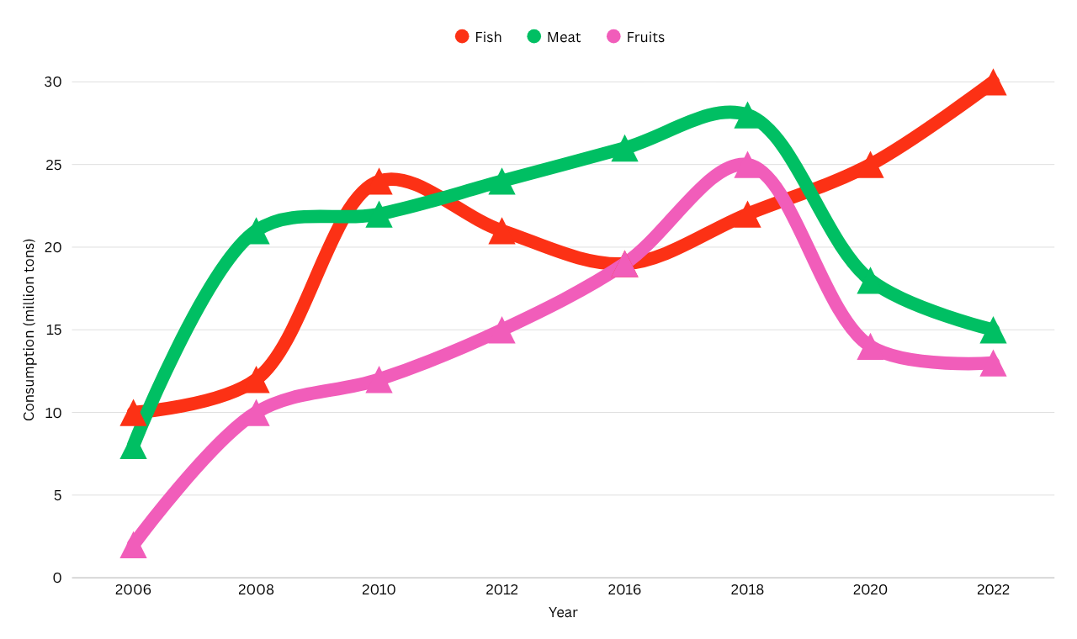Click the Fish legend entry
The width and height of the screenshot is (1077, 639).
[x=478, y=37]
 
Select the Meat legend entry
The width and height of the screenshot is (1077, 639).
[x=554, y=37]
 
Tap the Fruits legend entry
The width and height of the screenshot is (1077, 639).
[x=635, y=37]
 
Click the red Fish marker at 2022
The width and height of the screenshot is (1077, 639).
[x=993, y=83]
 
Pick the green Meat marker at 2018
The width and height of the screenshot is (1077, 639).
[x=747, y=116]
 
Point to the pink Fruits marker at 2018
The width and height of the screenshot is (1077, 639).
[x=747, y=166]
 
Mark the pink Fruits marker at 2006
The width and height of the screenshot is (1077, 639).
[x=133, y=546]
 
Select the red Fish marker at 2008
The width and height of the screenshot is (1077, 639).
[x=256, y=381]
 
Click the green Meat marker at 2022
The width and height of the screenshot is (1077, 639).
[x=993, y=330]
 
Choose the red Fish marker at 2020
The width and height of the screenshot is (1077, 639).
[x=870, y=166]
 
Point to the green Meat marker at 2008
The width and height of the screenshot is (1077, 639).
[x=256, y=232]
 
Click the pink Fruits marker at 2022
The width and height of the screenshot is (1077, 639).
[x=993, y=364]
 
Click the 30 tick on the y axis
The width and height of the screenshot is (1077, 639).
[x=53, y=82]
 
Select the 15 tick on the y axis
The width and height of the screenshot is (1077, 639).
[x=53, y=330]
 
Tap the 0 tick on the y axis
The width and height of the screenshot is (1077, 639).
[x=57, y=578]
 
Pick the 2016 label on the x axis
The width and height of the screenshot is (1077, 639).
[x=624, y=590]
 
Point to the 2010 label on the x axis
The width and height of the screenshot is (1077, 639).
[x=379, y=590]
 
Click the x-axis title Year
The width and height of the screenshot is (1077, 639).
[x=563, y=613]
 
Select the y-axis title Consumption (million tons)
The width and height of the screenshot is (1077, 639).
[x=29, y=330]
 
